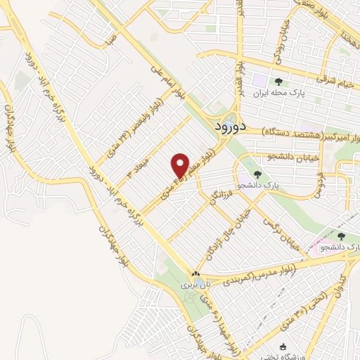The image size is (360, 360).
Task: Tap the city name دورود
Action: tap(227, 128)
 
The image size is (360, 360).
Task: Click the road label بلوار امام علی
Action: tap(166, 82)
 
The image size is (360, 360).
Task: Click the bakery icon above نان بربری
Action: tap(195, 274)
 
